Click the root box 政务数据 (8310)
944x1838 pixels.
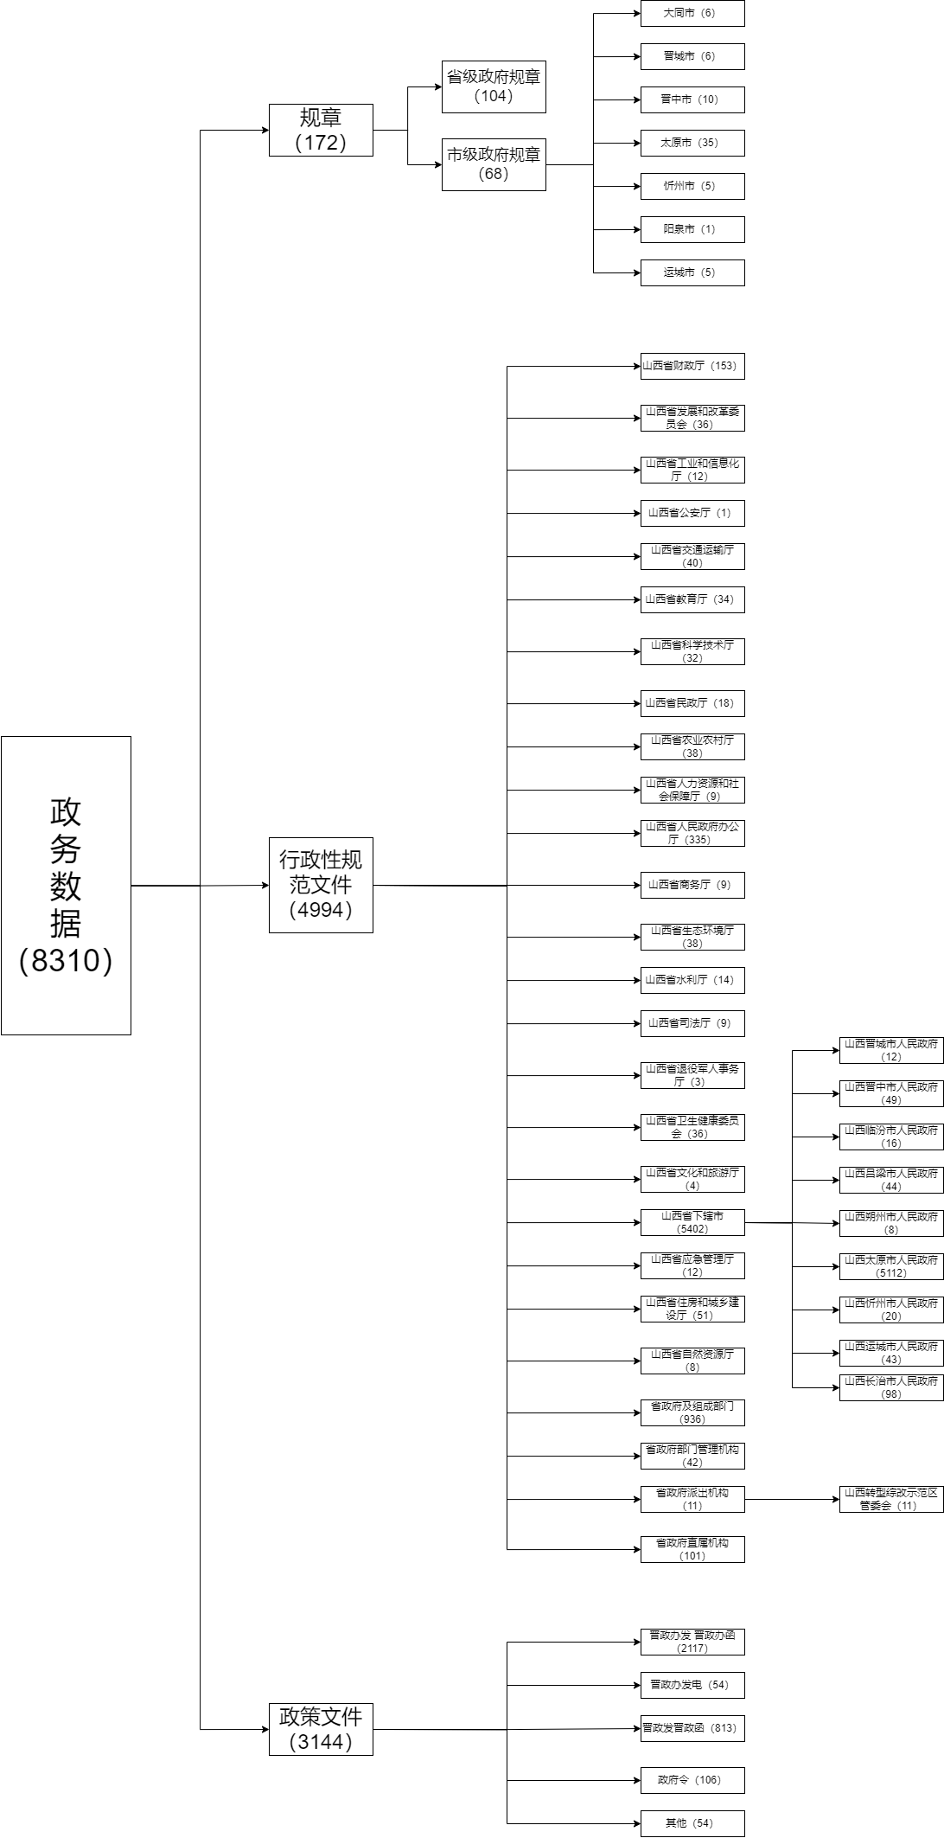coord(66,885)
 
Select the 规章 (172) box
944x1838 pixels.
coord(321,130)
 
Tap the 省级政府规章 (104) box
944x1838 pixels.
coord(494,86)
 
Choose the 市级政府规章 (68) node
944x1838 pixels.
coord(494,164)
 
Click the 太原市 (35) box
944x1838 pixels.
coord(692,143)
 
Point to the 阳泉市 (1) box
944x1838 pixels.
coord(692,229)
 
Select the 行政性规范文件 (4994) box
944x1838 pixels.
coord(321,885)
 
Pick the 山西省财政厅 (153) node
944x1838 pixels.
coord(692,366)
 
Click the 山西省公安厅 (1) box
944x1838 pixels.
coord(692,513)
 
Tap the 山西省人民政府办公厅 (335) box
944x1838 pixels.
coord(692,833)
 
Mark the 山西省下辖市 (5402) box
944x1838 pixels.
coord(692,1222)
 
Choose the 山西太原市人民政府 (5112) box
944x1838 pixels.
coord(890,1266)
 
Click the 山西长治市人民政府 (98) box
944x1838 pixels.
coord(890,1387)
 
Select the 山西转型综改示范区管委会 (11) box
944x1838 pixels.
coord(890,1499)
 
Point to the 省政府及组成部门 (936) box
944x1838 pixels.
coord(692,1412)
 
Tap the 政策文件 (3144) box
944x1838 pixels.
coord(321,1729)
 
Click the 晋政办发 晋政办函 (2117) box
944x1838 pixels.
coord(692,1642)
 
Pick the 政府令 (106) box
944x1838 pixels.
coord(692,1780)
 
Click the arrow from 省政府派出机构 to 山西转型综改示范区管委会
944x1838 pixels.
coord(791,1499)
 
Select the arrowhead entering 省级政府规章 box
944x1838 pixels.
coord(437,86)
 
